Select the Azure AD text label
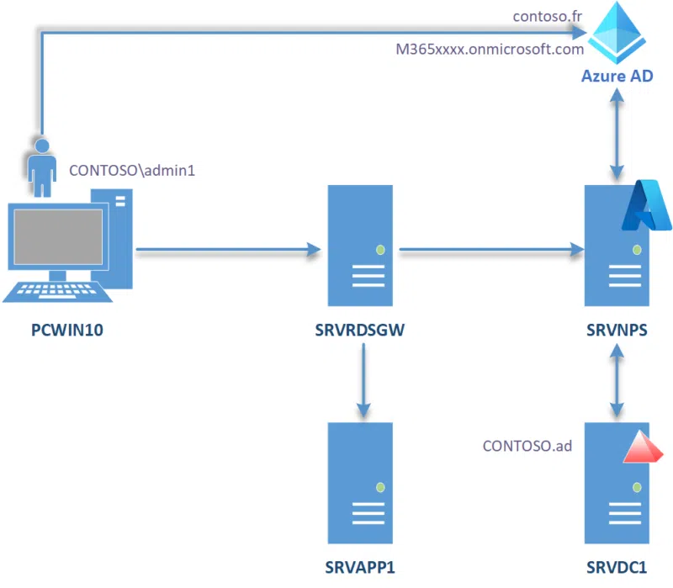pos(617,77)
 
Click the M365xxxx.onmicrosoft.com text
pos(490,50)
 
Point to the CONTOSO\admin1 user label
pos(132,170)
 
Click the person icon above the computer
pos(41,163)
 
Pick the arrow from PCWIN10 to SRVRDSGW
pos(227,249)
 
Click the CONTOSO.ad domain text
pos(527,445)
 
